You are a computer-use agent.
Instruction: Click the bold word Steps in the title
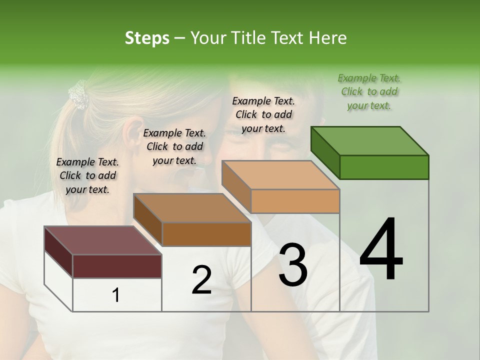click(x=147, y=38)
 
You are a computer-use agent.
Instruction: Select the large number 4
click(x=381, y=250)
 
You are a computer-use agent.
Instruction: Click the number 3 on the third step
click(x=293, y=265)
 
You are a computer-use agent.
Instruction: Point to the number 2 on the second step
click(x=201, y=280)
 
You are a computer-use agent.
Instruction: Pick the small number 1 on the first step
click(x=115, y=295)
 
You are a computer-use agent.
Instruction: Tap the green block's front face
click(x=384, y=167)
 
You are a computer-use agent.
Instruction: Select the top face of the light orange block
click(x=280, y=175)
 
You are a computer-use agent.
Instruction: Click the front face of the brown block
click(x=206, y=234)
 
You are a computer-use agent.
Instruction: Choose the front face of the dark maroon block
click(x=117, y=266)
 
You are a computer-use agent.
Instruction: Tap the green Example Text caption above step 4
click(x=369, y=91)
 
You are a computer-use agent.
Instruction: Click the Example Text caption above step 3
click(x=263, y=114)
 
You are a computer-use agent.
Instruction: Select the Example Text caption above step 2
click(x=174, y=146)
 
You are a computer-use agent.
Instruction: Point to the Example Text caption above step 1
click(x=87, y=175)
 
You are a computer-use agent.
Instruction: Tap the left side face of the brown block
click(x=148, y=220)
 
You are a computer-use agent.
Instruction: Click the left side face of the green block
click(x=325, y=152)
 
